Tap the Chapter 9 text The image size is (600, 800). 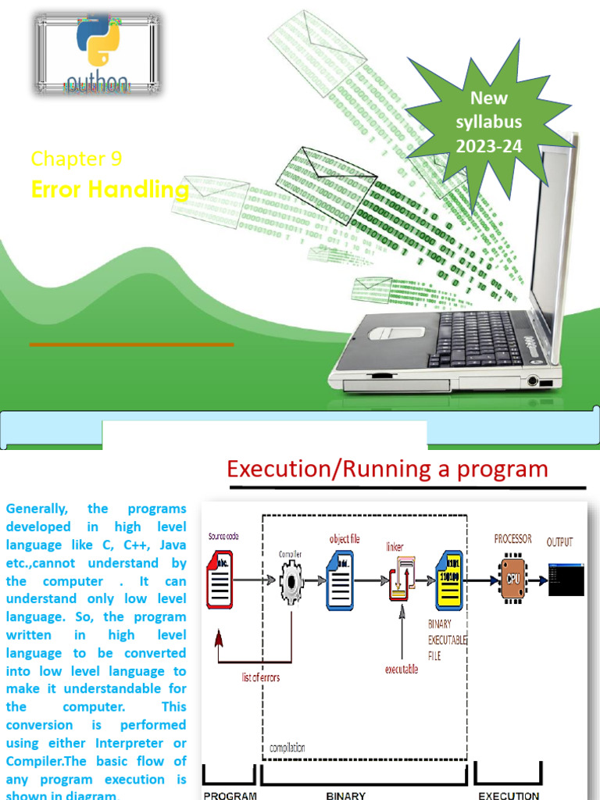pyautogui.click(x=77, y=159)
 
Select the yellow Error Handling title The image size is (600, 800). pyautogui.click(x=110, y=190)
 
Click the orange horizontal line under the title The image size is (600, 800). pyautogui.click(x=131, y=344)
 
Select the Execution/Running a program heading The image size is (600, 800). pyautogui.click(x=387, y=469)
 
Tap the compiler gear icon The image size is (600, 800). pyautogui.click(x=291, y=580)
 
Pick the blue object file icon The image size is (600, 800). pyautogui.click(x=340, y=579)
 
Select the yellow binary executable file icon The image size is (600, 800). pyautogui.click(x=451, y=579)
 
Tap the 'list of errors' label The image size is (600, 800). pyautogui.click(x=261, y=677)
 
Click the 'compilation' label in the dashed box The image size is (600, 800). pyautogui.click(x=287, y=748)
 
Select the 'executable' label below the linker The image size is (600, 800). pyautogui.click(x=401, y=669)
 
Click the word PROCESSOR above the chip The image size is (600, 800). pyautogui.click(x=513, y=539)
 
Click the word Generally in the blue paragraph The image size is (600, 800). pyautogui.click(x=33, y=509)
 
